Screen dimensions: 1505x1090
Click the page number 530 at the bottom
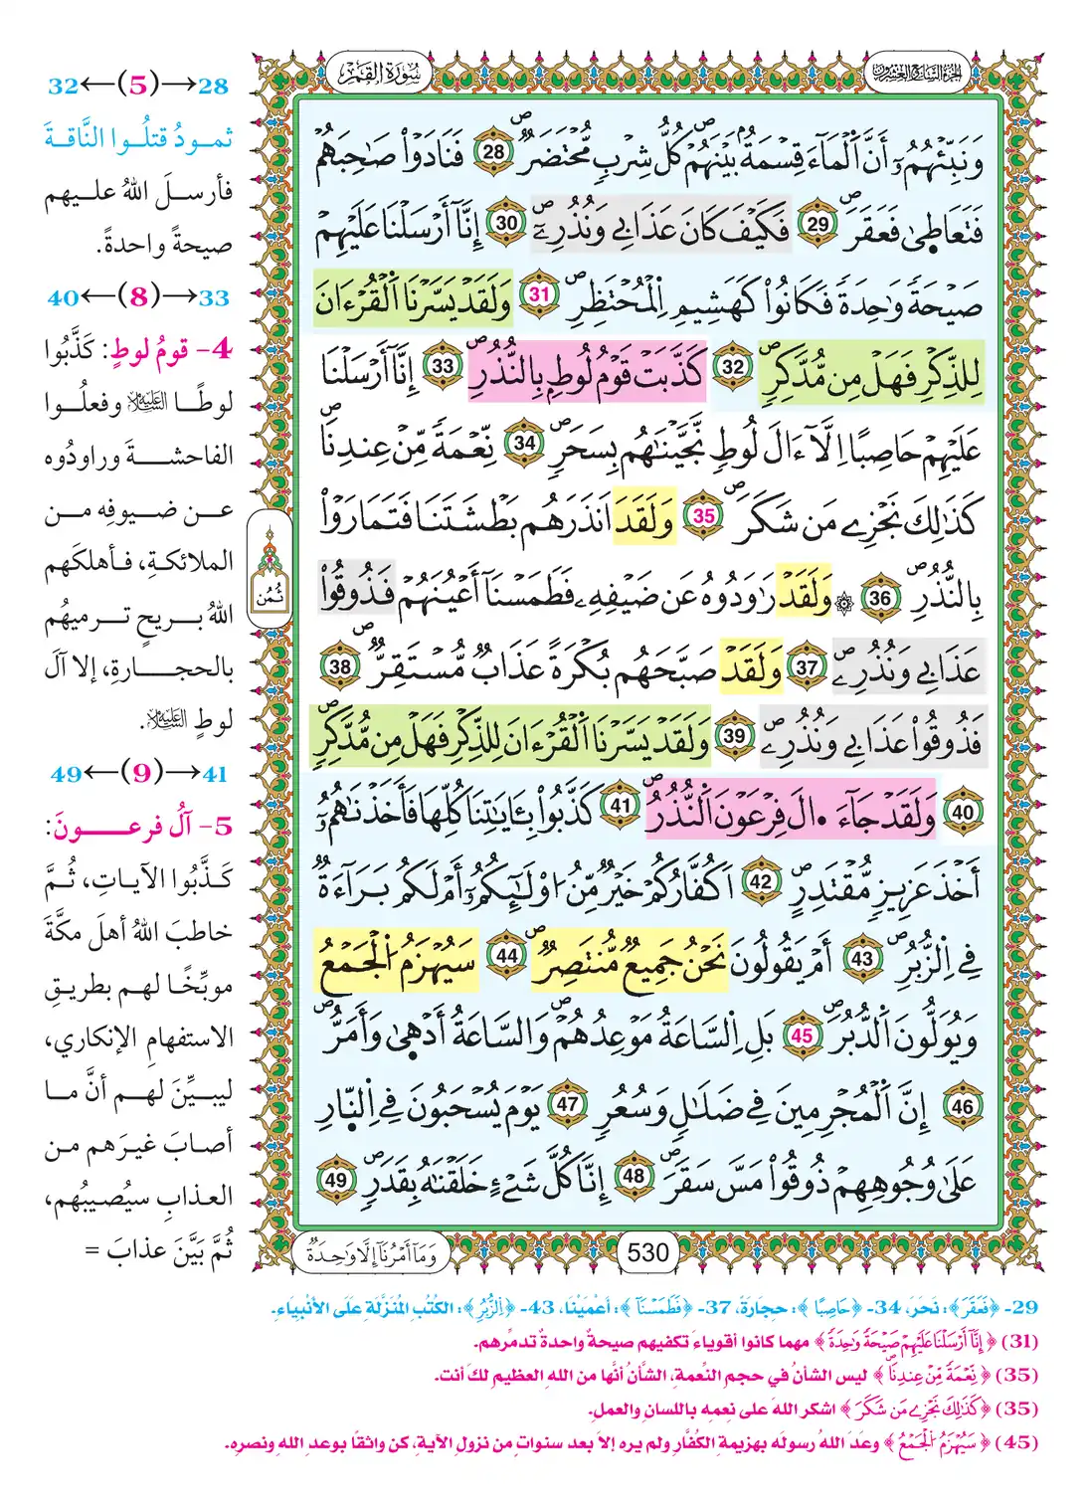click(648, 1251)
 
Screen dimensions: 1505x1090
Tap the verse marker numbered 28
click(494, 152)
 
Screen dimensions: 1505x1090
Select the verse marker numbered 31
click(539, 294)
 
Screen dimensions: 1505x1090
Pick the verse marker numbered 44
click(507, 956)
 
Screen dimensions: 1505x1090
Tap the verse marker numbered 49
click(336, 1180)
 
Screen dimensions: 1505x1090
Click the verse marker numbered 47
click(567, 1105)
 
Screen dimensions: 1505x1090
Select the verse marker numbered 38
click(340, 665)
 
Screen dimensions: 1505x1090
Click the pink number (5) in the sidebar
click(138, 86)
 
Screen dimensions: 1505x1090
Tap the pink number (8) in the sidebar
click(138, 296)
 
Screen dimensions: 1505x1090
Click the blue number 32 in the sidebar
click(63, 87)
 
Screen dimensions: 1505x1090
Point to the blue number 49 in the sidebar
click(66, 774)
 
